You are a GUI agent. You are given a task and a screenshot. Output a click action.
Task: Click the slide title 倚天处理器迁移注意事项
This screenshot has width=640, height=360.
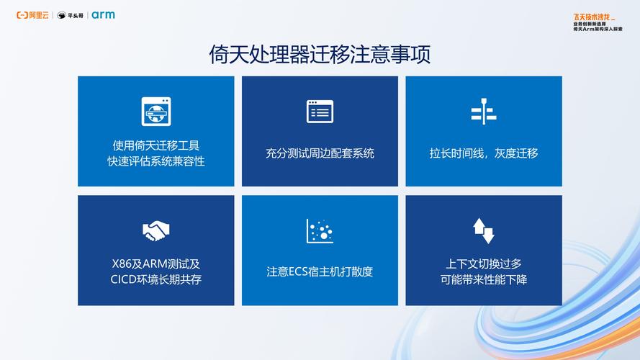point(320,55)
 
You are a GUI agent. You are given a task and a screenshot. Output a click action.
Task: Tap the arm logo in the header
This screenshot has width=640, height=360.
point(103,15)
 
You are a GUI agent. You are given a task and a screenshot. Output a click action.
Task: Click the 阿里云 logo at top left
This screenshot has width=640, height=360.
point(33,15)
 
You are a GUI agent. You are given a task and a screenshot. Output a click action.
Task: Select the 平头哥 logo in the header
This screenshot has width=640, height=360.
point(71,15)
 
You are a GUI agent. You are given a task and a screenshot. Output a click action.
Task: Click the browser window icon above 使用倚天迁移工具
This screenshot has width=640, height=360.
point(156,111)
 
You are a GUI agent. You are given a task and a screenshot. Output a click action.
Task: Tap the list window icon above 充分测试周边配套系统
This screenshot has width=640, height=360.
point(320,111)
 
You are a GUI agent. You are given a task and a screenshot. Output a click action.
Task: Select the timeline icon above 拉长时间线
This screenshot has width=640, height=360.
point(484,111)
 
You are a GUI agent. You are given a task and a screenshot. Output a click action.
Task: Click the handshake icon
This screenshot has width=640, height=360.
point(156,231)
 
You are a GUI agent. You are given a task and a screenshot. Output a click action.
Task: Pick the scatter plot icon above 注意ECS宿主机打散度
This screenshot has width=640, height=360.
point(320,231)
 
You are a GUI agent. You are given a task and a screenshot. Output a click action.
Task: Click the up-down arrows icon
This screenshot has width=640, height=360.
point(484,230)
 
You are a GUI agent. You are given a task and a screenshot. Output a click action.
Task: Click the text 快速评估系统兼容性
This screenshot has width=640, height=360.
point(156,161)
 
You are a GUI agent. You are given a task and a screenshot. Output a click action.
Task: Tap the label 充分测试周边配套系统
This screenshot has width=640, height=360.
point(320,153)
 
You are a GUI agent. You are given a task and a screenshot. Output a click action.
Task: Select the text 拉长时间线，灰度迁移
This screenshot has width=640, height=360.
point(484,153)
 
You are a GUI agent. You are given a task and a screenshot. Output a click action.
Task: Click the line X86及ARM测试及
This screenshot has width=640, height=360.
point(156,264)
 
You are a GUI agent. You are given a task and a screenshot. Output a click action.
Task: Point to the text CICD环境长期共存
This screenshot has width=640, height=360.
point(156,279)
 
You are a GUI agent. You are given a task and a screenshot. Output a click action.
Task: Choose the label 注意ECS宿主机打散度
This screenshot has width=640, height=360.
point(320,271)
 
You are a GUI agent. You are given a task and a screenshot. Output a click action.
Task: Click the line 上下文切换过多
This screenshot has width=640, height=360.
point(484,264)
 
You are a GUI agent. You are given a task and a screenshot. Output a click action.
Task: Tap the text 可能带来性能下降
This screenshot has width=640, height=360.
point(484,279)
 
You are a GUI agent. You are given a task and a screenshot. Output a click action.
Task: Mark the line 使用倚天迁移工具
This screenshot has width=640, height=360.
point(156,145)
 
